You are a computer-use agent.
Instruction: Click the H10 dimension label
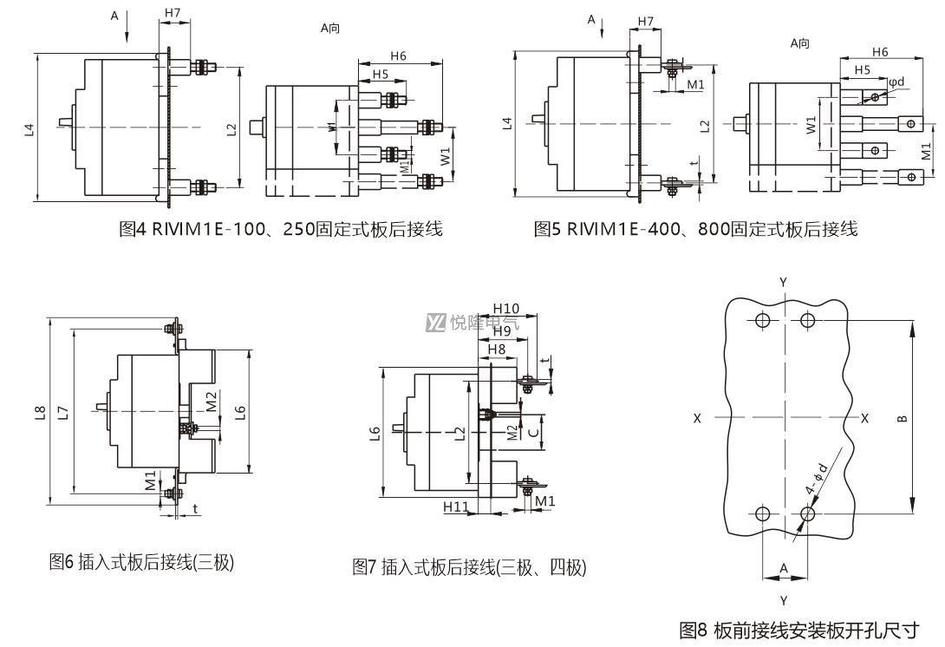[505, 309]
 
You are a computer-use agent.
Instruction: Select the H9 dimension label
[501, 330]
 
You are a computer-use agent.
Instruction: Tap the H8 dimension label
[497, 350]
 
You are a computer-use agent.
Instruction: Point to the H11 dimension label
[456, 506]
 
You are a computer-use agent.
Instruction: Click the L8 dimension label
[40, 413]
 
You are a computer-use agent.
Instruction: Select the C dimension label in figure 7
[533, 432]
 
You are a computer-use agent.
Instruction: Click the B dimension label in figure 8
[903, 419]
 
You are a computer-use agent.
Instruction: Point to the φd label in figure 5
[896, 81]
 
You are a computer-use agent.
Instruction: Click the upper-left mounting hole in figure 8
[762, 319]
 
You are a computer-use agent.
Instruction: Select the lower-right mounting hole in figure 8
[808, 513]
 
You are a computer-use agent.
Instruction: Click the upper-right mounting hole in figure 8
[808, 319]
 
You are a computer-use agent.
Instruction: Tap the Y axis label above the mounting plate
[784, 282]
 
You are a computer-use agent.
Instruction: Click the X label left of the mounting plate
[697, 418]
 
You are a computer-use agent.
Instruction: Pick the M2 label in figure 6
[211, 402]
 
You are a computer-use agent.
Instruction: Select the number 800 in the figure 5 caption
[713, 229]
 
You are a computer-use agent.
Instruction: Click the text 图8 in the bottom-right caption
[693, 631]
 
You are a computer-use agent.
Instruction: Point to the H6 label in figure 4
[398, 56]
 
